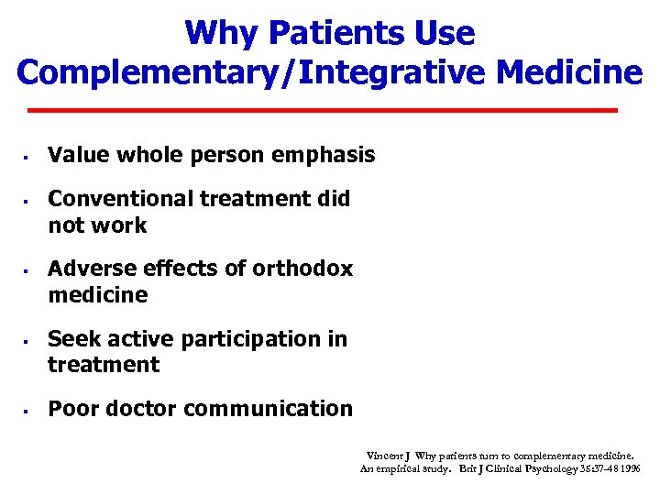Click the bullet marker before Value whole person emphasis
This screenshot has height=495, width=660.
click(28, 156)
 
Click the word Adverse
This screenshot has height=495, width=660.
click(86, 269)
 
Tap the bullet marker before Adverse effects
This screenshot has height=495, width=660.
click(28, 269)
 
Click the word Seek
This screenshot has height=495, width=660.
click(71, 338)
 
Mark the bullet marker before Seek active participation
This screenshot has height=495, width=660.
click(28, 339)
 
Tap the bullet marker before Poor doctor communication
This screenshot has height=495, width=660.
click(28, 409)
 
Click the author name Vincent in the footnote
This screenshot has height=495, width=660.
click(383, 456)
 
